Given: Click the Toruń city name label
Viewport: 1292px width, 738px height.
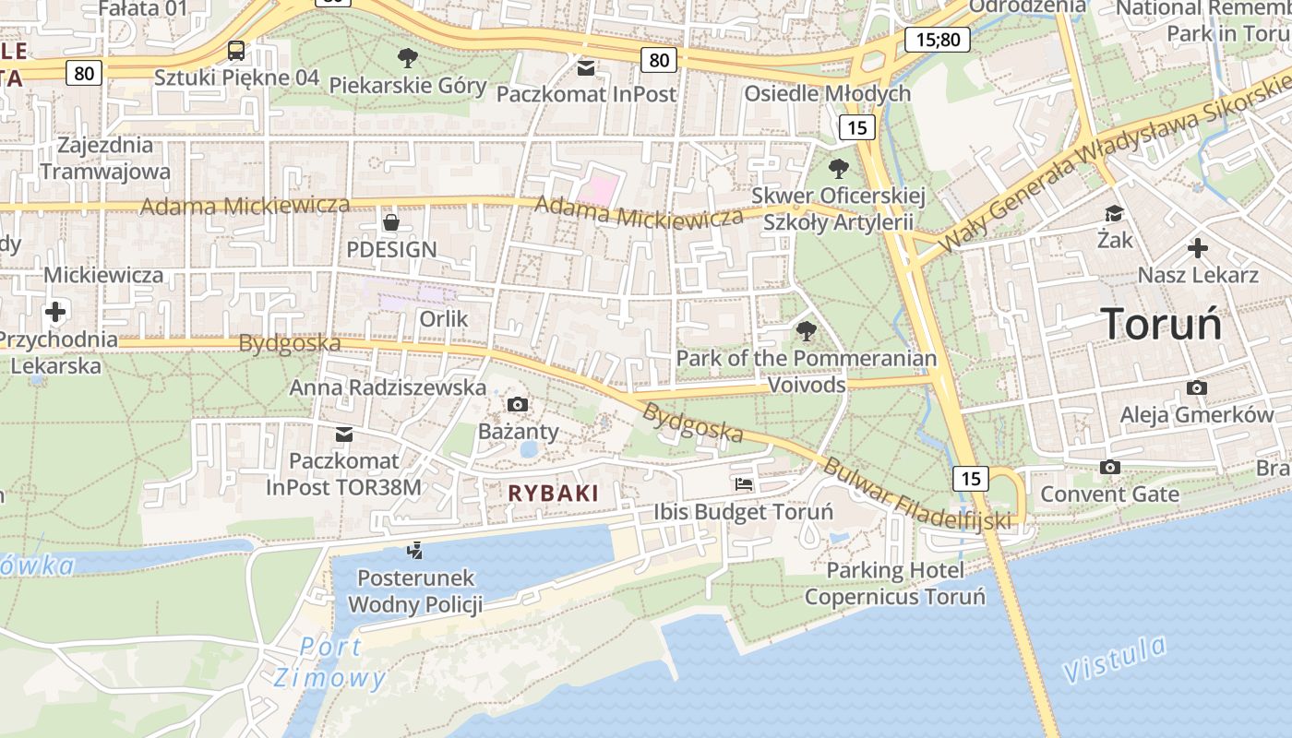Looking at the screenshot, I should coord(1161,325).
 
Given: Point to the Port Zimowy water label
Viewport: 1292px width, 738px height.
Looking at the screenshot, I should coord(329,662).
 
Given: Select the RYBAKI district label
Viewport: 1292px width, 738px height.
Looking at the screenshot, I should coord(554,494).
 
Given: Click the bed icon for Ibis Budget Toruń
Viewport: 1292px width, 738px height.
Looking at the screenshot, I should coord(744,483).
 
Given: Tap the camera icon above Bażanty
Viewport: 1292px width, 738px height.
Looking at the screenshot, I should coord(518,404).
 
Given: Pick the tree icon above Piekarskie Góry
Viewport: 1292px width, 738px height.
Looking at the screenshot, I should coord(407,58).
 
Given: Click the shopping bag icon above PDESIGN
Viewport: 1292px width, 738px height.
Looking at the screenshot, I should coord(391,221).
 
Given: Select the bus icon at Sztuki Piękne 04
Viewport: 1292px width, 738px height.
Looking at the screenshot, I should coord(236,50).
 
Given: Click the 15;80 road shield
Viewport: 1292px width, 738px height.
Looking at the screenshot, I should coord(937,39).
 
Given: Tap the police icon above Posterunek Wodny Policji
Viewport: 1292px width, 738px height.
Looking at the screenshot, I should coord(415,551).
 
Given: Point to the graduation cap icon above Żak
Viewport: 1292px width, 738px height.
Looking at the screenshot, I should coord(1115,214).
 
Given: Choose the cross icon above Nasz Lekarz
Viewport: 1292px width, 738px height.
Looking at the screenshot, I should coord(1198,247).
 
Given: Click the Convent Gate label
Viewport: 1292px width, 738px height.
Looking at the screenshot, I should coord(1109,494).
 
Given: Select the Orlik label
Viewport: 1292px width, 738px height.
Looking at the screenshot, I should coord(444,319).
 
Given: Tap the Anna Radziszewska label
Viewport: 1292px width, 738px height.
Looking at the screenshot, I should coord(388,387).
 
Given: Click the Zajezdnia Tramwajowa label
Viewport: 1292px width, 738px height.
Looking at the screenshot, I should coord(105,158).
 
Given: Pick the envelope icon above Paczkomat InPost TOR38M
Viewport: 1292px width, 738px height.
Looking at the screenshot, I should coord(344,434).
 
